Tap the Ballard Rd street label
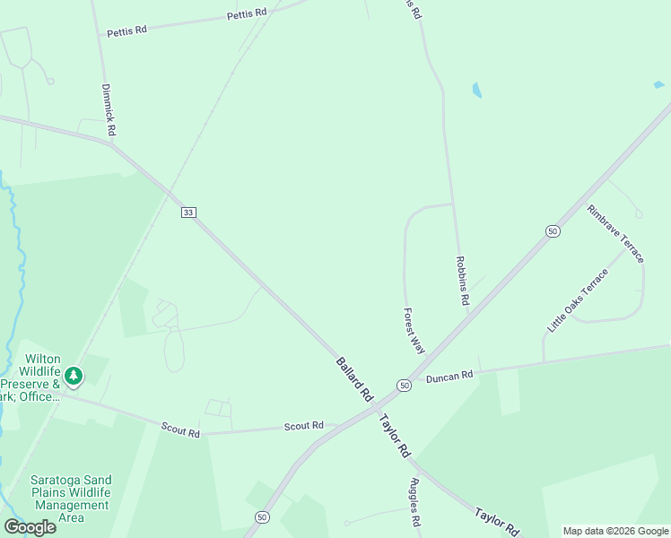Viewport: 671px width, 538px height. coord(354,378)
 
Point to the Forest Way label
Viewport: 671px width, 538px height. coord(414,331)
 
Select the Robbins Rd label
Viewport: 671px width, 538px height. coord(462,282)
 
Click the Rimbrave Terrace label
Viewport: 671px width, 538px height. coord(615,233)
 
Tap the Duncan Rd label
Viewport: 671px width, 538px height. coord(449,377)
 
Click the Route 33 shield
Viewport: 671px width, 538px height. coord(188,212)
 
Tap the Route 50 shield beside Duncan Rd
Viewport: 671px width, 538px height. coord(405,385)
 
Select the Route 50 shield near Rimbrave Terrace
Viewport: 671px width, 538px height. coord(553,230)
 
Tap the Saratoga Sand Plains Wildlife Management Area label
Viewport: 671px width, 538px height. coord(70,499)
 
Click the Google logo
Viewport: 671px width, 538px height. coord(30,526)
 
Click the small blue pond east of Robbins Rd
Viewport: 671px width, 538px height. coord(476,90)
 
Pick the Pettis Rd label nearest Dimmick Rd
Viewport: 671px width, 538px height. coord(126,31)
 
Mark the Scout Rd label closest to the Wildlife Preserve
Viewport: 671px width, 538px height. coord(181,431)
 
